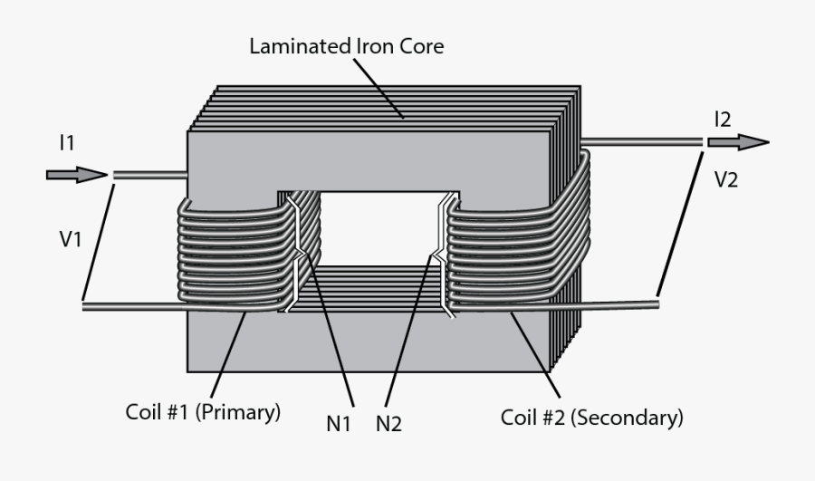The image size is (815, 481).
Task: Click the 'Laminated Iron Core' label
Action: click(x=347, y=46)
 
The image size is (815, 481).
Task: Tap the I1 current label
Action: click(x=68, y=142)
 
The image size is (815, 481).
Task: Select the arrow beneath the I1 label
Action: click(x=76, y=174)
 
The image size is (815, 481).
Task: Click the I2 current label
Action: click(x=723, y=119)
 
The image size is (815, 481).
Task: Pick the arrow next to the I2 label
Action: click(x=738, y=142)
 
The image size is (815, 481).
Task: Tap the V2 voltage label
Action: click(x=726, y=179)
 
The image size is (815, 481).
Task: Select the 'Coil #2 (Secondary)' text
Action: click(x=591, y=418)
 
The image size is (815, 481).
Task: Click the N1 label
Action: click(x=339, y=422)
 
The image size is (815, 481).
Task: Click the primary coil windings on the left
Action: click(x=231, y=258)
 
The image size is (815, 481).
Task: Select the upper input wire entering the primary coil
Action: click(x=149, y=175)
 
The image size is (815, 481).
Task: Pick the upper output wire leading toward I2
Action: click(x=643, y=142)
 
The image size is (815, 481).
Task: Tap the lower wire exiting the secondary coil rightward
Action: click(x=616, y=303)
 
